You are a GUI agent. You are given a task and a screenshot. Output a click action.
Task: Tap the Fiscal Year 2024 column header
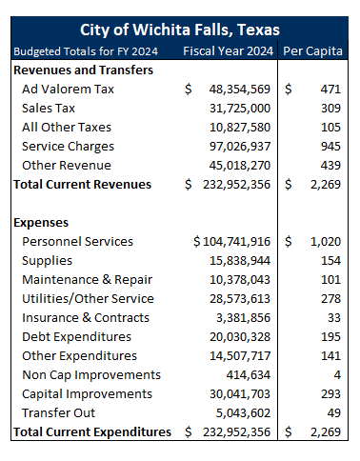pos(229,50)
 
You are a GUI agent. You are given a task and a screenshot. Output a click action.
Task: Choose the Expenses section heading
pos(42,222)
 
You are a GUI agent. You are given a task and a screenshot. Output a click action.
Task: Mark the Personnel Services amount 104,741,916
pos(236,242)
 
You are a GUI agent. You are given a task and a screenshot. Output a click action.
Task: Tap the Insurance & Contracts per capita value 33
pos(332,318)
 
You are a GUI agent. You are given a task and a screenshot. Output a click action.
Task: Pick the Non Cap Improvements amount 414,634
pos(249,375)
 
